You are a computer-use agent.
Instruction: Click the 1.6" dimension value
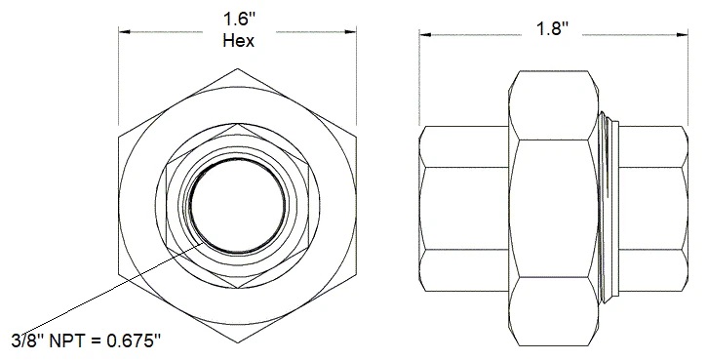coord(239,19)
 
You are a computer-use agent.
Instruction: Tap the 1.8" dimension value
coord(553,28)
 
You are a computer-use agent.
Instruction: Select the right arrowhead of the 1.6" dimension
coord(353,30)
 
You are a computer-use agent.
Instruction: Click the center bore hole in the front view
coord(239,206)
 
